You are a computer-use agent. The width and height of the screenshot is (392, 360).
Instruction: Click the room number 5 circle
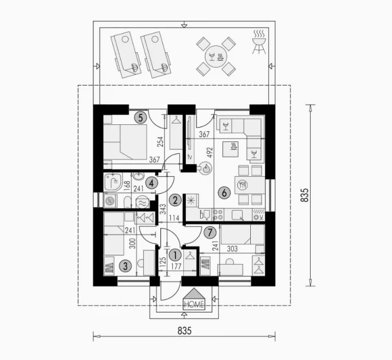click(x=141, y=118)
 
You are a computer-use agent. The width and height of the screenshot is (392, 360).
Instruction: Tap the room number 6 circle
click(x=224, y=193)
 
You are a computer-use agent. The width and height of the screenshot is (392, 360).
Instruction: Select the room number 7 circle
click(x=210, y=233)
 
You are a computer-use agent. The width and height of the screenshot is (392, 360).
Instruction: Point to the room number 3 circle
click(x=125, y=266)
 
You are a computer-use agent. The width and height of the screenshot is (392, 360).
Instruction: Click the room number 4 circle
click(x=151, y=183)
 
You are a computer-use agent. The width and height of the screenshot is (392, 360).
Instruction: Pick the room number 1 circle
click(x=175, y=255)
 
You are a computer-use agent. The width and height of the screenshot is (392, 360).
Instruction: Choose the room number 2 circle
click(x=175, y=200)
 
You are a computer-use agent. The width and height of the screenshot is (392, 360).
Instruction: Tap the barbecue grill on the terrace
click(x=259, y=42)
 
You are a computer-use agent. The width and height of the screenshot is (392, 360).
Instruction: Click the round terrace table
click(x=216, y=57)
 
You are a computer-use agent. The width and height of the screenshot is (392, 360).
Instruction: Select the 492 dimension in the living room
click(x=209, y=153)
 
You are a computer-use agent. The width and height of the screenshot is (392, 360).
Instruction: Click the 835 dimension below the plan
click(x=184, y=331)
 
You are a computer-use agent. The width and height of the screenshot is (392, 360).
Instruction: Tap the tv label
click(x=190, y=157)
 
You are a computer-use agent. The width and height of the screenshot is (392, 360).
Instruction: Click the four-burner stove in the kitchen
click(x=218, y=215)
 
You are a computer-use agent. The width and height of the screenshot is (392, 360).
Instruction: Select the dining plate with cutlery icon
click(x=242, y=185)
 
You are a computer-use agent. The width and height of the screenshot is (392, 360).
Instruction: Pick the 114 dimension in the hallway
click(x=174, y=218)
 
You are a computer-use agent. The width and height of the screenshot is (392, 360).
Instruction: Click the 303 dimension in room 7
click(x=232, y=249)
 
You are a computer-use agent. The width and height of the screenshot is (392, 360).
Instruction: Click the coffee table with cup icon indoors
click(x=231, y=149)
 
